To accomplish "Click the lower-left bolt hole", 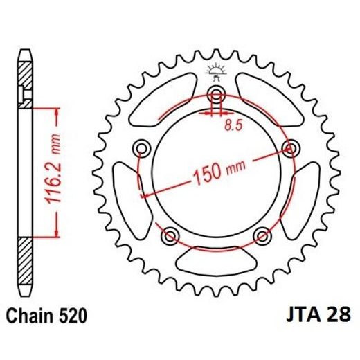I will (x=169, y=236).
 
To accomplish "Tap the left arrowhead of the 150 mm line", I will (x=145, y=196).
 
